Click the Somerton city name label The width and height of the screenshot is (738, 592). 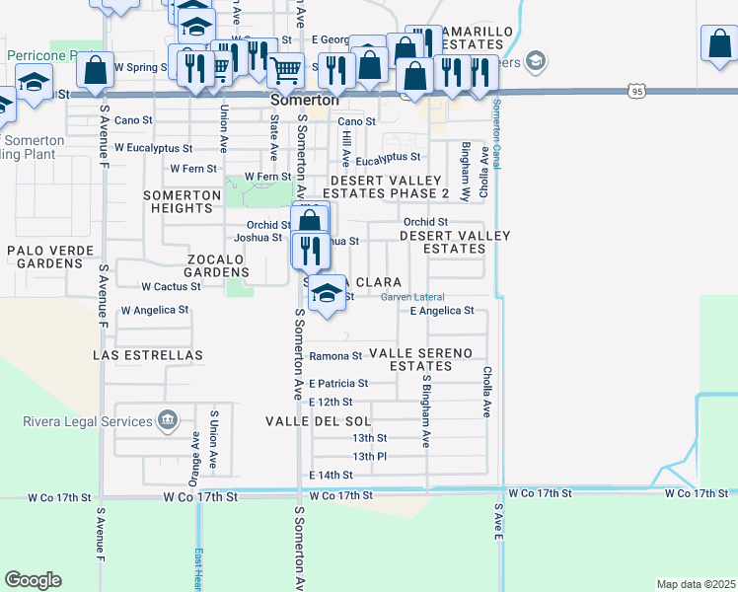pyautogui.click(x=305, y=102)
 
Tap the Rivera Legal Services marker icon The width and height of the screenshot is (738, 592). pyautogui.click(x=168, y=421)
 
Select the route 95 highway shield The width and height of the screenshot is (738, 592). pyautogui.click(x=636, y=92)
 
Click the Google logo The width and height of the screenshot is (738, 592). pyautogui.click(x=33, y=579)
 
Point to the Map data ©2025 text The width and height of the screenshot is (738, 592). pyautogui.click(x=696, y=584)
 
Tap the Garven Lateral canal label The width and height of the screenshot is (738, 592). pyautogui.click(x=412, y=297)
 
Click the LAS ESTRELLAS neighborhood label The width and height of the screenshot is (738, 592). pyautogui.click(x=147, y=354)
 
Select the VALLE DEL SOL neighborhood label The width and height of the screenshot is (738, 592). pyautogui.click(x=317, y=421)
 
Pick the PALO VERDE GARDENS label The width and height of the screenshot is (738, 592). pyautogui.click(x=44, y=258)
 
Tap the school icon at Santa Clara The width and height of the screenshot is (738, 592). pyautogui.click(x=328, y=293)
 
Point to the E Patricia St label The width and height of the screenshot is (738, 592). pyautogui.click(x=338, y=383)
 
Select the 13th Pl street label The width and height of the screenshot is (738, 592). pyautogui.click(x=369, y=456)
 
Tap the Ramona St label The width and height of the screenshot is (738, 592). pyautogui.click(x=335, y=356)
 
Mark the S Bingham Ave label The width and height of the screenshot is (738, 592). pyautogui.click(x=426, y=409)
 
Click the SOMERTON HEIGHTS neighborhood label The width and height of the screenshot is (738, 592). pyautogui.click(x=182, y=202)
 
